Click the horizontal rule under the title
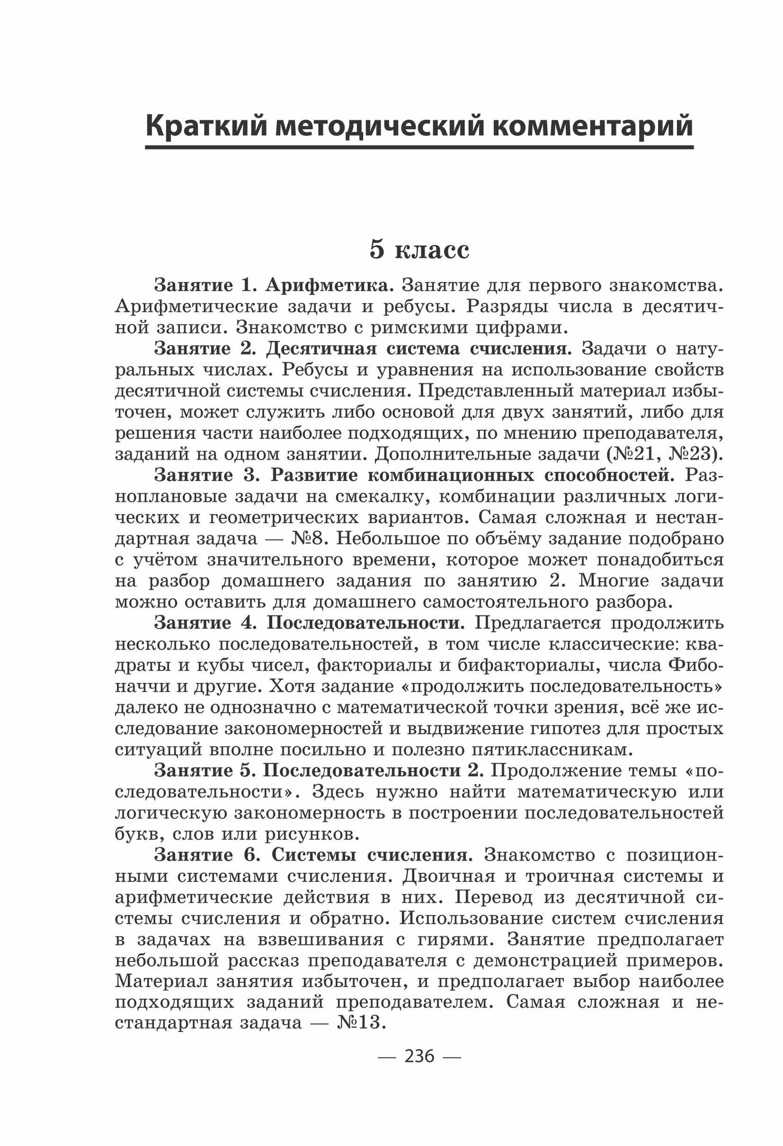[419, 148]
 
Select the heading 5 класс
[420, 250]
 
